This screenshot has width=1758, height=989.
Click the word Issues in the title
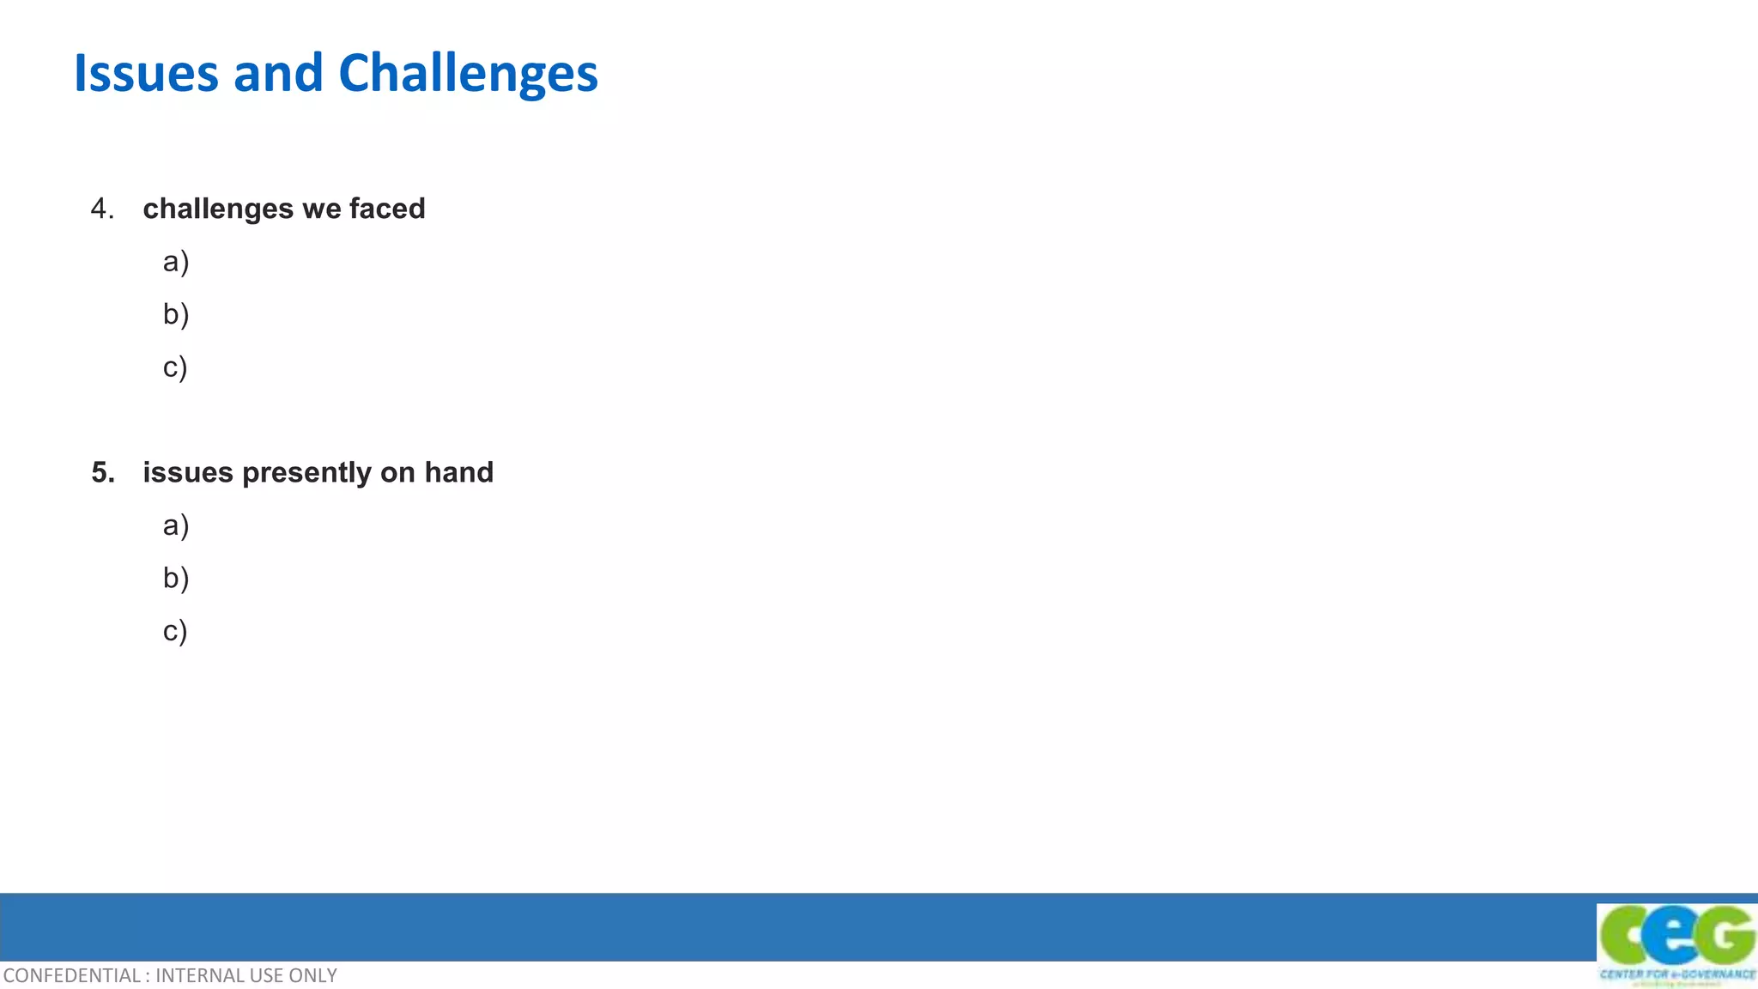(x=146, y=74)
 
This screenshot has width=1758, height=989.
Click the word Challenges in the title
(x=468, y=74)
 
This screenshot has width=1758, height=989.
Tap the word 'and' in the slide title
(x=278, y=74)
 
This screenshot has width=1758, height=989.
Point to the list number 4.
(x=101, y=209)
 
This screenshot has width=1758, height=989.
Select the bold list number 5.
(x=102, y=472)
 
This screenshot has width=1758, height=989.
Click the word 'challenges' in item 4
(x=218, y=209)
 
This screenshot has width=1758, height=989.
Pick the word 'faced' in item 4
(x=387, y=209)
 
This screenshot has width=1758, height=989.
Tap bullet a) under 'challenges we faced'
(x=175, y=262)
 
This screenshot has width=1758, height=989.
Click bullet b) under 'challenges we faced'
(x=175, y=314)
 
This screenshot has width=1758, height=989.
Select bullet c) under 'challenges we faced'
(x=174, y=367)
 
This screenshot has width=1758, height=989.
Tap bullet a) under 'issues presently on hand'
(x=175, y=525)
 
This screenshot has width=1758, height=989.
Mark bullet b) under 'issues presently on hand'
(x=175, y=578)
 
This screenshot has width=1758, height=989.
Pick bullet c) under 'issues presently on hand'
(x=174, y=631)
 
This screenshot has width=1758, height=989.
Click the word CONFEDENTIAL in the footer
(x=72, y=976)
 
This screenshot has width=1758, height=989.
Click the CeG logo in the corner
(x=1676, y=936)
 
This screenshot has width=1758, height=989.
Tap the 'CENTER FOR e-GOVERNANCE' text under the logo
(x=1677, y=974)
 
